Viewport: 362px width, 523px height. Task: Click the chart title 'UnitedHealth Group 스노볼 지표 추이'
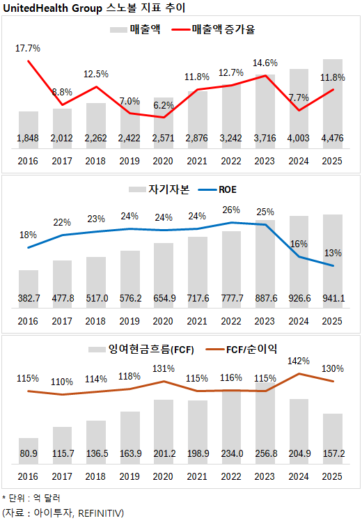click(97, 8)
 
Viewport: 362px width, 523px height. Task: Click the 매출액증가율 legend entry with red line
click(223, 30)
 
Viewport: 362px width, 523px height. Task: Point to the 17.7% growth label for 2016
click(28, 48)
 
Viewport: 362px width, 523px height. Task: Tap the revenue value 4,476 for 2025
click(333, 139)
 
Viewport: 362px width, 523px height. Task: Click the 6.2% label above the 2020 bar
click(164, 105)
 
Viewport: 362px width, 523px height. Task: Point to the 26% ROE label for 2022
click(231, 210)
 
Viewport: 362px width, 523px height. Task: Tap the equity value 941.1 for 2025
click(333, 298)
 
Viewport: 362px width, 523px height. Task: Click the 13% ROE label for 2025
click(333, 252)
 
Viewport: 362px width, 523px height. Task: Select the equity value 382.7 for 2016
click(29, 298)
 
